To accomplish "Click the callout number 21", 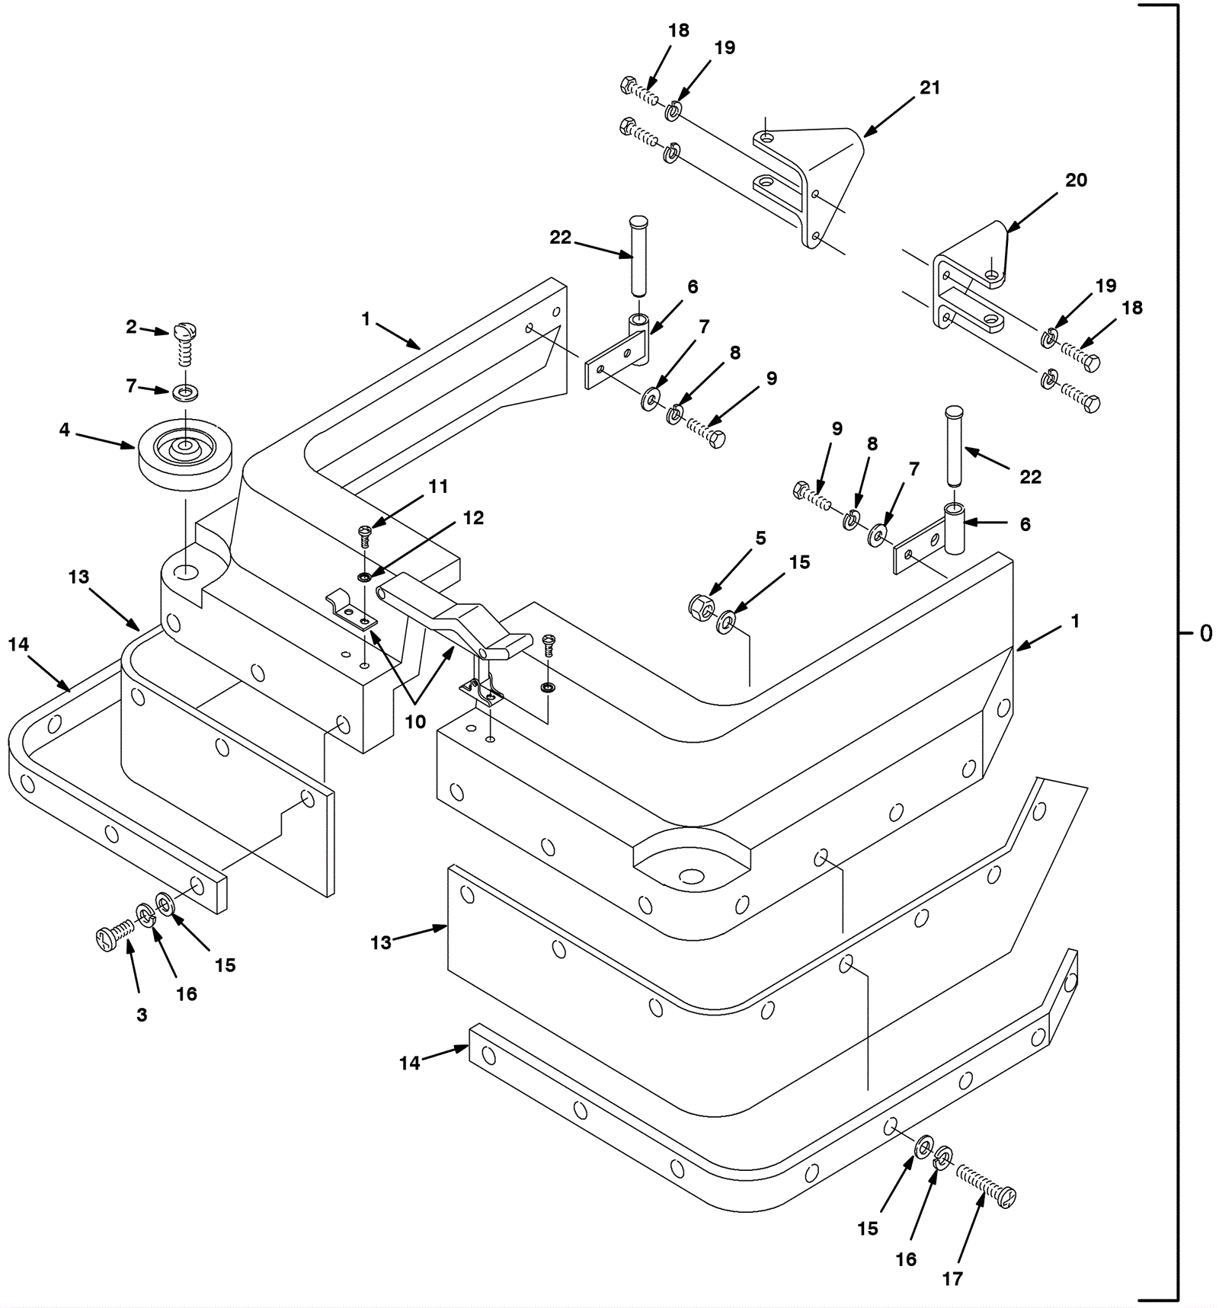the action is point(929,88).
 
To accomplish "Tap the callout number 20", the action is point(1076,181).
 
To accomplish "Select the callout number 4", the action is point(65,430).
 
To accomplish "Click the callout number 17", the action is point(952,1279).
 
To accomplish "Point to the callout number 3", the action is point(142,1015).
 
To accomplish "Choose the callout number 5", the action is point(760,539).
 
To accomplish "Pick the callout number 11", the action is point(438,486).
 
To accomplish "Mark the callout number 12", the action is point(473,518).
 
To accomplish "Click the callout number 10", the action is point(414,721).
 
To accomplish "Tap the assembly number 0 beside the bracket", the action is point(1205,633).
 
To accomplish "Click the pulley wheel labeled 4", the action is point(186,453).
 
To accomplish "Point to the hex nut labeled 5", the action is point(700,607).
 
